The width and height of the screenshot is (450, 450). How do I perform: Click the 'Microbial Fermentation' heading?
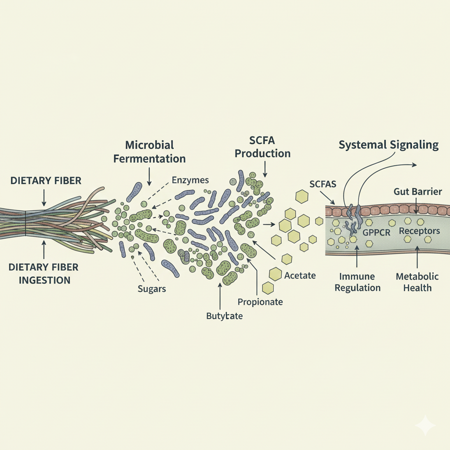tap(149, 152)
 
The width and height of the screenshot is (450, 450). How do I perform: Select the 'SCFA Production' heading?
tap(262, 147)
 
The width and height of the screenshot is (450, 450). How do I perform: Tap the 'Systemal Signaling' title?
tap(388, 145)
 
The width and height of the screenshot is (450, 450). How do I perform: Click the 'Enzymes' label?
tap(190, 180)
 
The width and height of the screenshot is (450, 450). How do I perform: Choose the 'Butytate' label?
tap(224, 316)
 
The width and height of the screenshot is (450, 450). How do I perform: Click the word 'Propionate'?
tap(260, 302)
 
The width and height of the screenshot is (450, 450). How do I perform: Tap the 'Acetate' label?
tap(300, 276)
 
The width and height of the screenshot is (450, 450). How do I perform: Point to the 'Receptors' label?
tap(419, 231)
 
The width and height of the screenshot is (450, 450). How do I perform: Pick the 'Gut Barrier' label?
tap(418, 192)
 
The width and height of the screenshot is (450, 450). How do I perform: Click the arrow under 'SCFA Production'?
tap(265, 168)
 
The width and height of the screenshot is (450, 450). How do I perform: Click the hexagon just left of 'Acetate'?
tap(276, 274)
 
